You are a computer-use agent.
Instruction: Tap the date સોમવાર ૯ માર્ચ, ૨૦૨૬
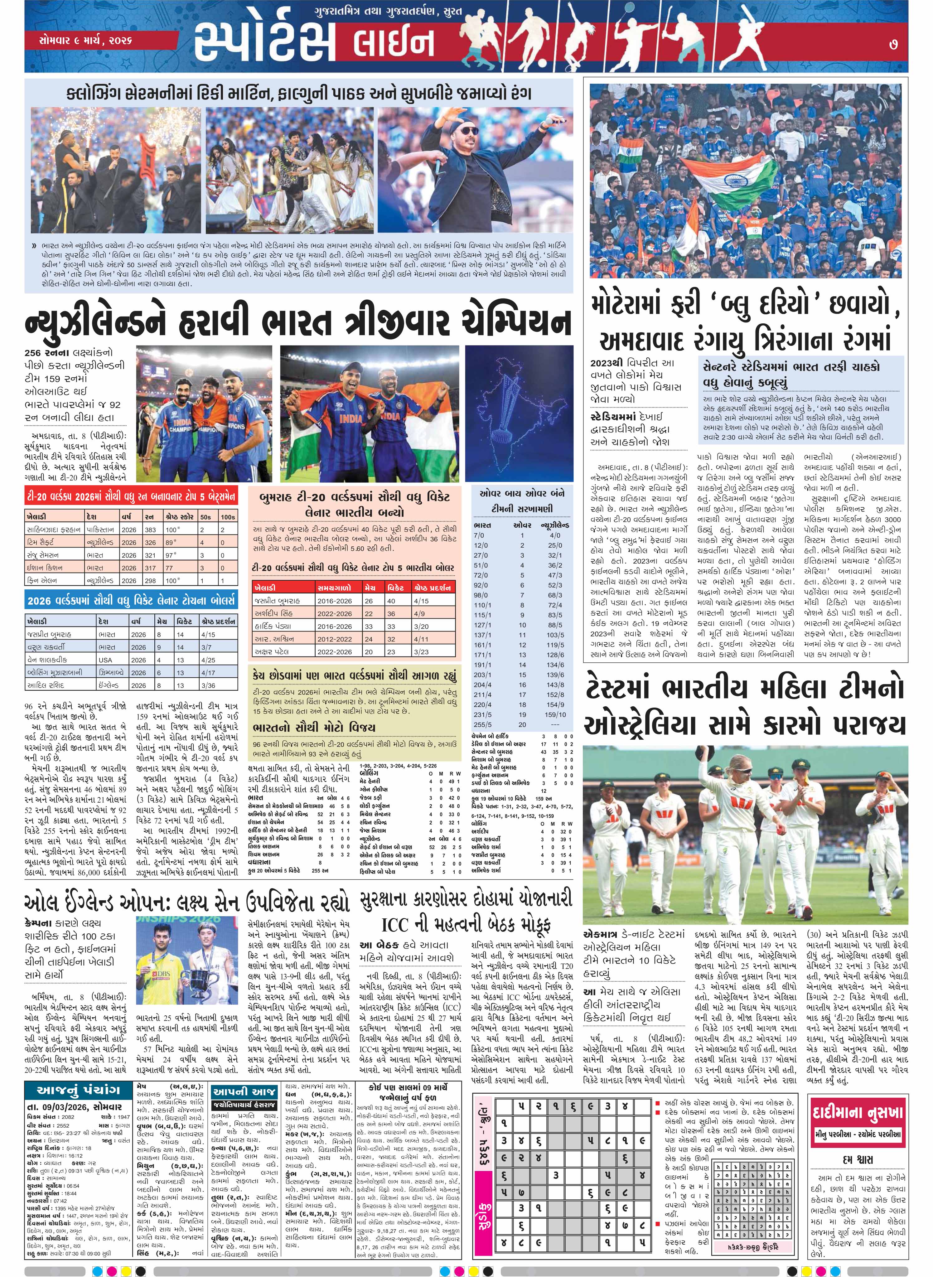[86, 41]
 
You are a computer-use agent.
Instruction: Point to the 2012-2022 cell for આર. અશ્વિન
[334, 639]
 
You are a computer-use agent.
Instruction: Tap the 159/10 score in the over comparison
[555, 714]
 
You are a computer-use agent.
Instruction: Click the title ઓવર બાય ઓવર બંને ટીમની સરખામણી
[521, 501]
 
